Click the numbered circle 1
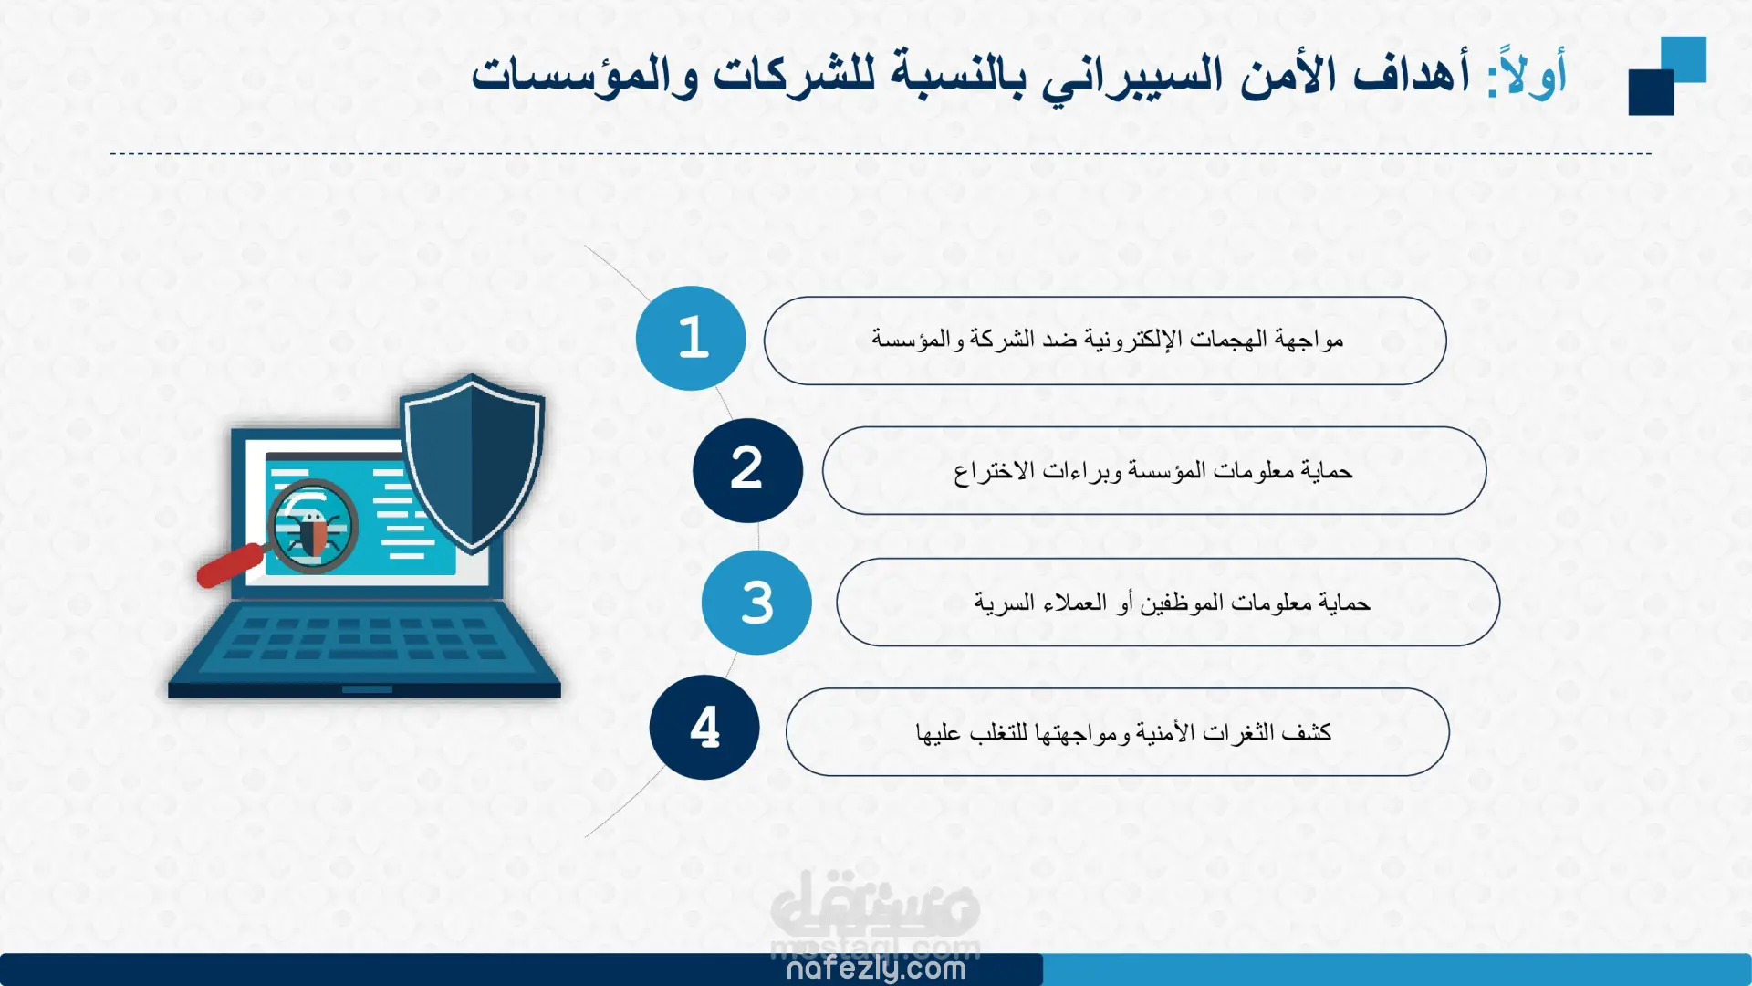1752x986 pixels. coord(691,339)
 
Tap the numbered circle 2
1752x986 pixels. coord(747,470)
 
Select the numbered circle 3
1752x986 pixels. coord(756,603)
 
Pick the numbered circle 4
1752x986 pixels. coord(704,728)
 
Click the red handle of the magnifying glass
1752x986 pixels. coord(230,565)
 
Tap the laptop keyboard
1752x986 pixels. coord(365,636)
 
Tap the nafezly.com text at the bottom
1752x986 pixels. coord(876,969)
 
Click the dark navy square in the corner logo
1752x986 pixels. coord(1652,92)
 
